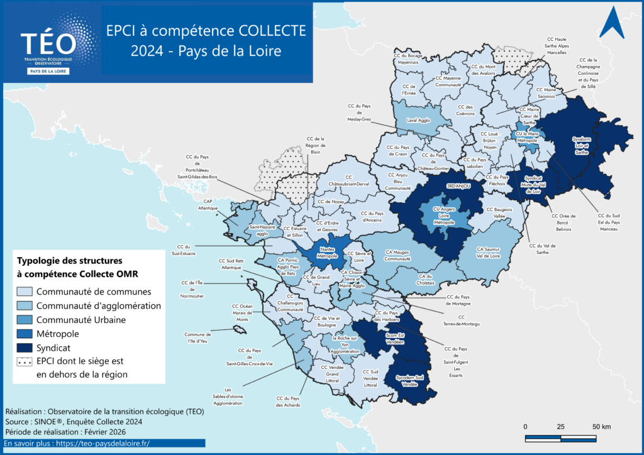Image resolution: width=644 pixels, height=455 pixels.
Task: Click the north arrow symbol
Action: click(x=611, y=24)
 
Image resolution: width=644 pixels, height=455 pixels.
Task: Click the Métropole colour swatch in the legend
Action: click(x=25, y=334)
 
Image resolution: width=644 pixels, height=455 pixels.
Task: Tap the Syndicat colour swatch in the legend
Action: click(x=25, y=348)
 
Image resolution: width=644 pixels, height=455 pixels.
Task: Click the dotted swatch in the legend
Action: click(x=25, y=362)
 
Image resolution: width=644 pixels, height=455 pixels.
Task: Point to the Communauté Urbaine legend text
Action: click(x=81, y=320)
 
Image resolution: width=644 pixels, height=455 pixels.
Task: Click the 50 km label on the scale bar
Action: click(x=601, y=427)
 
